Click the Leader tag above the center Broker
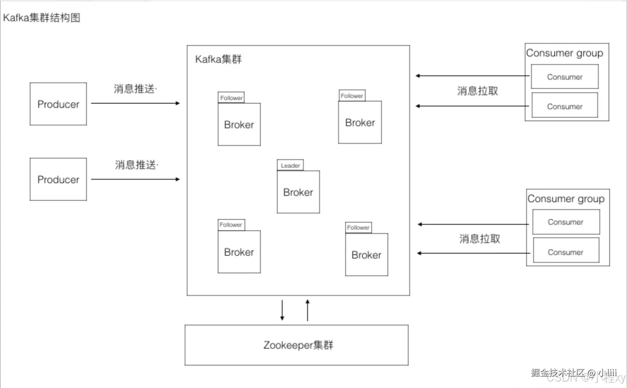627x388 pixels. pos(290,165)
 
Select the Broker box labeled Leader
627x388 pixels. pos(298,192)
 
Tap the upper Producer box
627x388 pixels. pos(58,104)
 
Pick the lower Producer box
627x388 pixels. pos(58,179)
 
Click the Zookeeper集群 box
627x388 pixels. pos(296,345)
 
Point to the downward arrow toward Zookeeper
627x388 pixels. pos(282,310)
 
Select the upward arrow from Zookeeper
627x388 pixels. pos(308,310)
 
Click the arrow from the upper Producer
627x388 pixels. pos(135,103)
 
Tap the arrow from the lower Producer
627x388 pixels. pos(135,179)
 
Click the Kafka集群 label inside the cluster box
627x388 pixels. pos(218,59)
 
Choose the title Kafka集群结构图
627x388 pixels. pos(42,18)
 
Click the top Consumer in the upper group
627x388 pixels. pos(564,77)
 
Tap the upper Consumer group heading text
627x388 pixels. pos(564,53)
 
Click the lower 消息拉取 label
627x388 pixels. pos(479,239)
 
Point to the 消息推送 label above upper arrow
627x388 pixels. pos(134,88)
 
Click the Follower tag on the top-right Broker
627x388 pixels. pos(352,96)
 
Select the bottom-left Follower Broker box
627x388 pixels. pos(239,252)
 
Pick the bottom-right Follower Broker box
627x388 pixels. pos(366,255)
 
